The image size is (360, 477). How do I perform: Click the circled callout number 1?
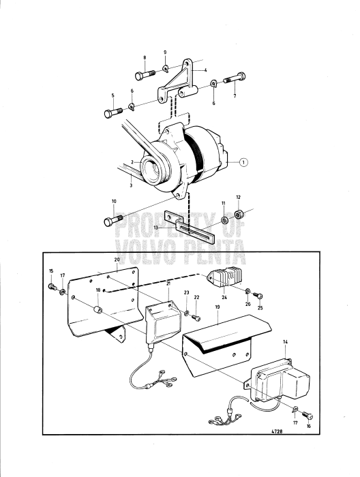click(243, 162)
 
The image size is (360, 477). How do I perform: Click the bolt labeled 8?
click(145, 74)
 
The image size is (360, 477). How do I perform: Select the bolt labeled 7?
click(235, 78)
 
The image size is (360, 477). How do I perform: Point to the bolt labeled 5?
click(113, 112)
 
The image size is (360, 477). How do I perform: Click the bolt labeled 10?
click(113, 220)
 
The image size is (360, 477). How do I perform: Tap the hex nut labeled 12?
click(239, 214)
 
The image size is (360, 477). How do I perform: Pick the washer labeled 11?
click(224, 220)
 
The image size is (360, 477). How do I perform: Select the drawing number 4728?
click(276, 431)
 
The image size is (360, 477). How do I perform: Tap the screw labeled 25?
click(258, 295)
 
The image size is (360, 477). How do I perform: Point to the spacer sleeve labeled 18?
click(97, 310)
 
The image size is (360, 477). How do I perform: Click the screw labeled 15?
click(52, 287)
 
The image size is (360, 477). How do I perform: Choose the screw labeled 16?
click(307, 415)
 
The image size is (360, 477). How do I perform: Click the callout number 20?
click(117, 260)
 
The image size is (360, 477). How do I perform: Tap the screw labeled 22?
click(196, 318)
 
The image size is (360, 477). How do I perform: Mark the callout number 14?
click(285, 342)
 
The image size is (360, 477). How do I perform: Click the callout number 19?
click(217, 307)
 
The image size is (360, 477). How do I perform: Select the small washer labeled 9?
click(165, 69)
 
